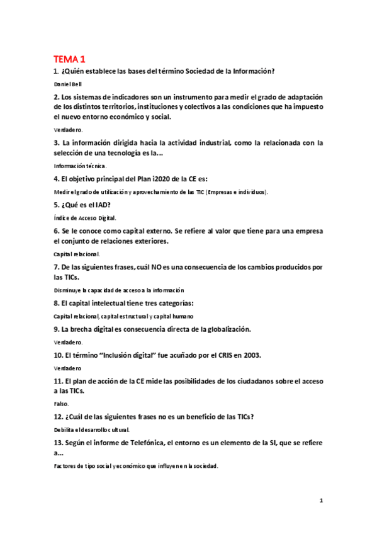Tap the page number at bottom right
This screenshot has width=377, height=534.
pyautogui.click(x=321, y=501)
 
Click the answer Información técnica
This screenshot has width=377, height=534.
pyautogui.click(x=80, y=166)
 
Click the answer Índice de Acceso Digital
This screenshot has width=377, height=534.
pyautogui.click(x=85, y=217)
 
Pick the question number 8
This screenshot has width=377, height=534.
pyautogui.click(x=56, y=303)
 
